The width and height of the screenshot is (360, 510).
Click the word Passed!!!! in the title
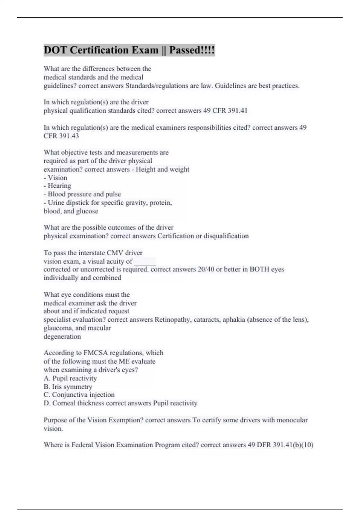pos(192,50)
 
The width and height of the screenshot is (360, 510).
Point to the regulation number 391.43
pos(69,136)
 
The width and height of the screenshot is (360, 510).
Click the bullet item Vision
pos(57,178)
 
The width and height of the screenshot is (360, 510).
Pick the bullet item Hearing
pos(59,186)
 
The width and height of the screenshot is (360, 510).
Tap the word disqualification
pos(226,236)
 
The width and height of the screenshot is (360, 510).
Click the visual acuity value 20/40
pos(206,269)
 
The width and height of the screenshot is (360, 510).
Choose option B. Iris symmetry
pos(68,387)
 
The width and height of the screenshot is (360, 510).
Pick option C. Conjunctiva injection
pos(79,395)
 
